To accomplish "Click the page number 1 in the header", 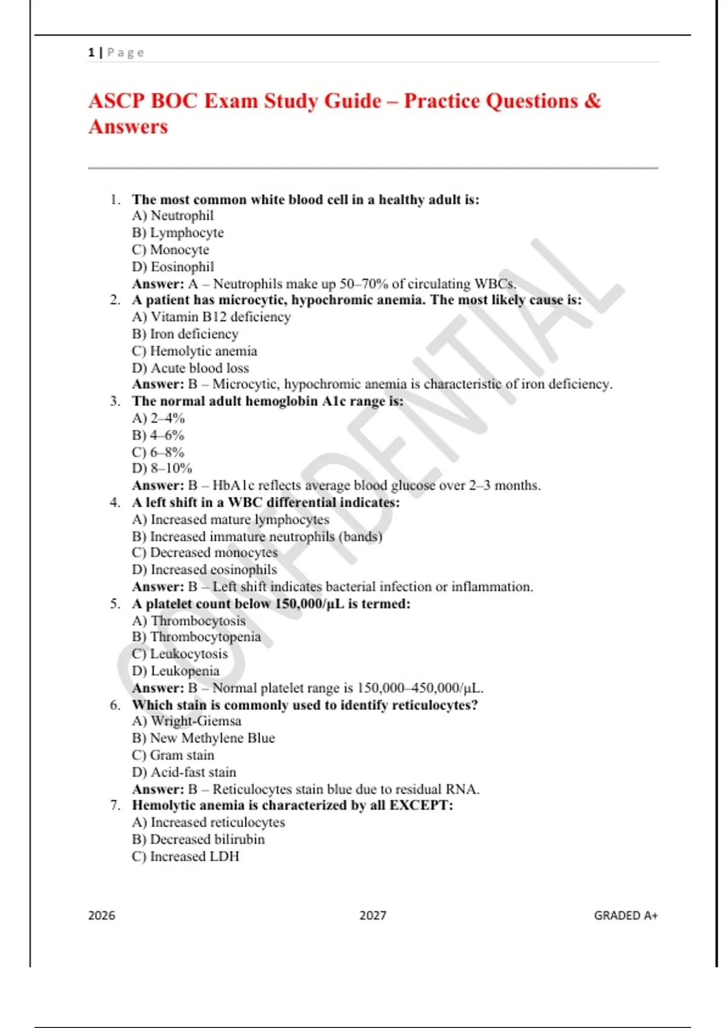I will click(x=91, y=53).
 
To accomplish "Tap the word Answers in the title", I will click(x=128, y=127).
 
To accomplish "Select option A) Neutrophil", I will click(x=173, y=216).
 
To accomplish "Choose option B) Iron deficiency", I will click(x=185, y=334).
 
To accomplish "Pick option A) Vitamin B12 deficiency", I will click(x=211, y=317).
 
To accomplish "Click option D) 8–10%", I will click(x=162, y=469).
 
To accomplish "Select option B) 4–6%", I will click(x=158, y=435).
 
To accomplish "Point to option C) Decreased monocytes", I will click(x=204, y=553).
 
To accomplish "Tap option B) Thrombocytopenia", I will click(x=197, y=637).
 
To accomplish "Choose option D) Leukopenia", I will click(x=175, y=671).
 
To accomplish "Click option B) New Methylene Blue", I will click(x=203, y=738).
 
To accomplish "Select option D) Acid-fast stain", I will click(x=184, y=772).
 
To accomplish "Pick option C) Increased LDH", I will click(x=185, y=856).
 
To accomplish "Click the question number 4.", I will click(x=115, y=503).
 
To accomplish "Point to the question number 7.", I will click(x=115, y=805).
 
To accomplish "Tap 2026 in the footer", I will click(x=102, y=916).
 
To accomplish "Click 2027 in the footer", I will click(x=373, y=916).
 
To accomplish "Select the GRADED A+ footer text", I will click(x=626, y=916).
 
